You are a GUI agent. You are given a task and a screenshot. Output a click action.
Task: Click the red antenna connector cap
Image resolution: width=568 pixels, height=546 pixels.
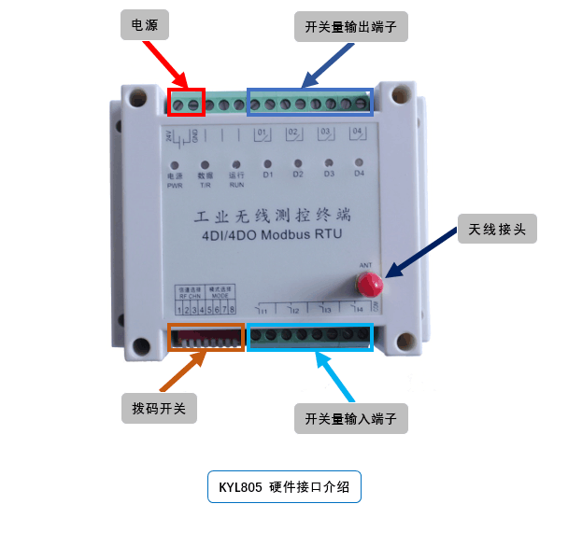click(370, 282)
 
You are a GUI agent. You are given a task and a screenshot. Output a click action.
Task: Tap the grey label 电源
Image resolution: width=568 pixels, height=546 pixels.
click(145, 26)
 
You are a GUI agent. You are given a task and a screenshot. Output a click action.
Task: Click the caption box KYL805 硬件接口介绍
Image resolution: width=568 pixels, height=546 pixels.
click(283, 487)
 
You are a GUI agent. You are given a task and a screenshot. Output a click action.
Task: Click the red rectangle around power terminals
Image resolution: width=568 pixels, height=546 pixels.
click(186, 104)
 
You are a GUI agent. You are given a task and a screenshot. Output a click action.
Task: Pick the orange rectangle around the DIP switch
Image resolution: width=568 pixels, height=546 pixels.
click(206, 337)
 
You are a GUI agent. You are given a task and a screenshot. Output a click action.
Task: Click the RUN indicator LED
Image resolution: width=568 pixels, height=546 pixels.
click(236, 163)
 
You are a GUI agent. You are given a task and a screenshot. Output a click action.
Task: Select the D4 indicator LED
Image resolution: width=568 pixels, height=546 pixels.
click(358, 162)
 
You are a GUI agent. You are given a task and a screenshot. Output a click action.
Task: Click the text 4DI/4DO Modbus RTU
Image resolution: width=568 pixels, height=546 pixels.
click(272, 236)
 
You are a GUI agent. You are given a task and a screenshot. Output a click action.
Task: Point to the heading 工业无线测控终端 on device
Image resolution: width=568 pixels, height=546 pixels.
click(272, 216)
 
